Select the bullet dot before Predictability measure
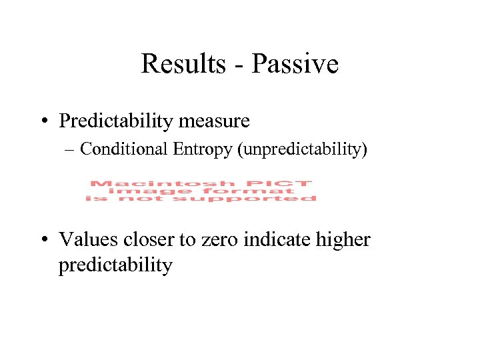(x=48, y=121)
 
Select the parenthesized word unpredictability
(x=302, y=149)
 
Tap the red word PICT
(x=290, y=183)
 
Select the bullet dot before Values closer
(x=48, y=239)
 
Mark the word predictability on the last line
(x=115, y=265)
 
